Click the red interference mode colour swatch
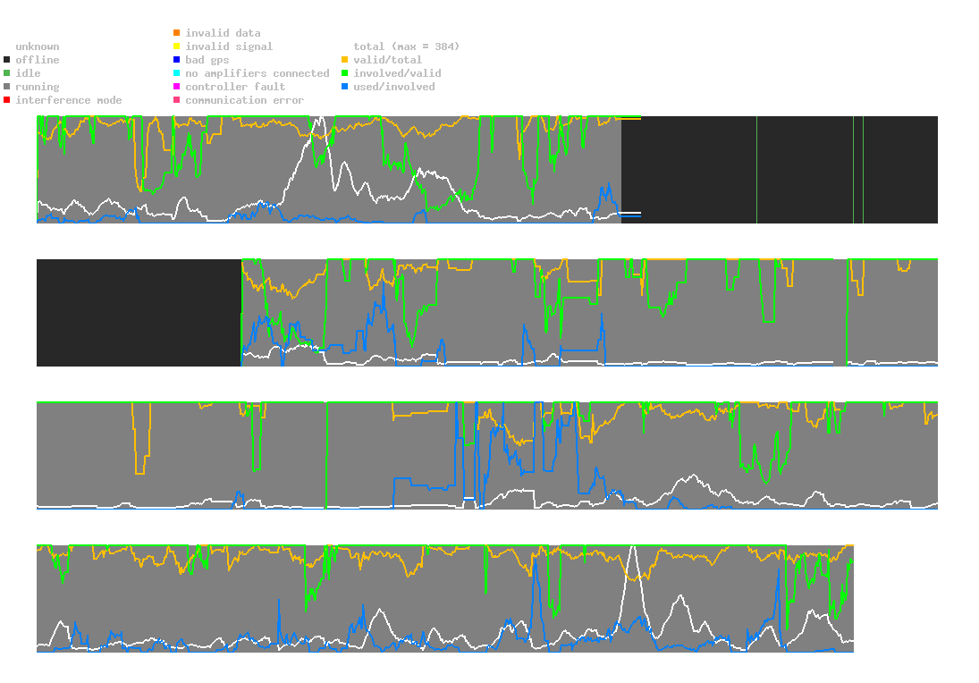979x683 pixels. (7, 100)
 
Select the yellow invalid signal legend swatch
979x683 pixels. (177, 46)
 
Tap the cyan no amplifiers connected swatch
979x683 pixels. (177, 73)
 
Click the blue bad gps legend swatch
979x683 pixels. (177, 60)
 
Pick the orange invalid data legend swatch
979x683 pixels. (177, 33)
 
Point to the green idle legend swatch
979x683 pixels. (7, 73)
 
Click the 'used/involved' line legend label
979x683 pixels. (394, 87)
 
